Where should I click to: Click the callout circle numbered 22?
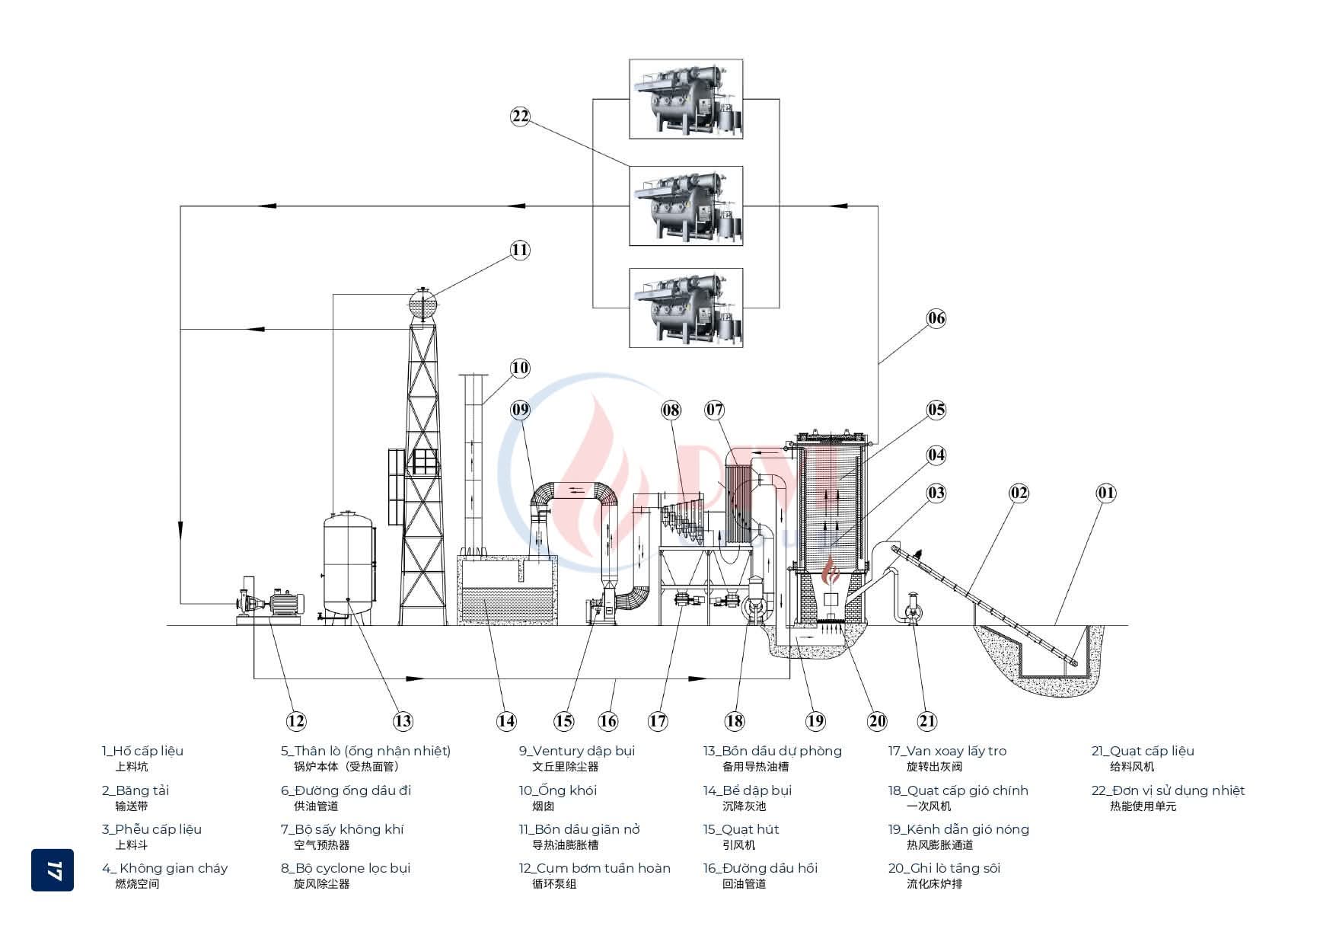coord(520,116)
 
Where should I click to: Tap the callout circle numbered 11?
coord(520,250)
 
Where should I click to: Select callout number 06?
coord(936,318)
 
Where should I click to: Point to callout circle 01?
coord(1106,493)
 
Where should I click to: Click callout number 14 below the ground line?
coord(506,721)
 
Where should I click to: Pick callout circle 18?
coord(735,721)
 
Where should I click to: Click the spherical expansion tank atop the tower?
coord(423,304)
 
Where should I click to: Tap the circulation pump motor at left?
coord(286,603)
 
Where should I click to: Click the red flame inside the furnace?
coord(834,571)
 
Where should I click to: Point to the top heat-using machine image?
coord(686,99)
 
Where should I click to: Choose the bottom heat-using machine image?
coord(686,308)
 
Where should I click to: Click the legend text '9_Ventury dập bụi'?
coord(577,751)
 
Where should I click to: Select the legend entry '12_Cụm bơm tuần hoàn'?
coord(595,868)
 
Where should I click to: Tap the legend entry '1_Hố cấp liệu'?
coord(143,751)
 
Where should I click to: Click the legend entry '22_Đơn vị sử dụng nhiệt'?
coord(1168,790)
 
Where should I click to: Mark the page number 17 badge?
coord(53,870)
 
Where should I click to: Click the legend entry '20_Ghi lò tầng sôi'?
coord(944,868)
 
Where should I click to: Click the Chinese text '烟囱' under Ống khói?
coord(543,806)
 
